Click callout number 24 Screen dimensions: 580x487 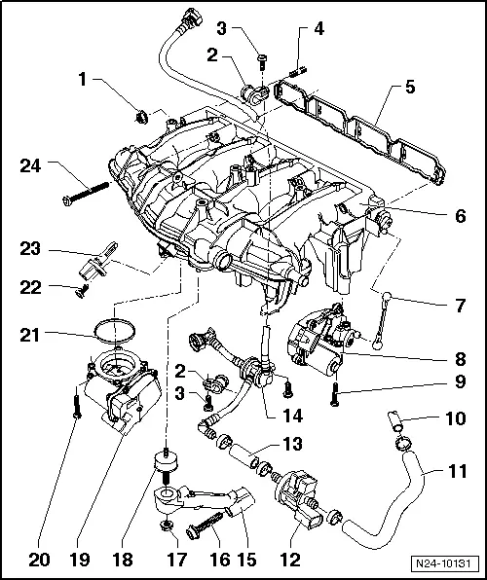click(31, 167)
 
